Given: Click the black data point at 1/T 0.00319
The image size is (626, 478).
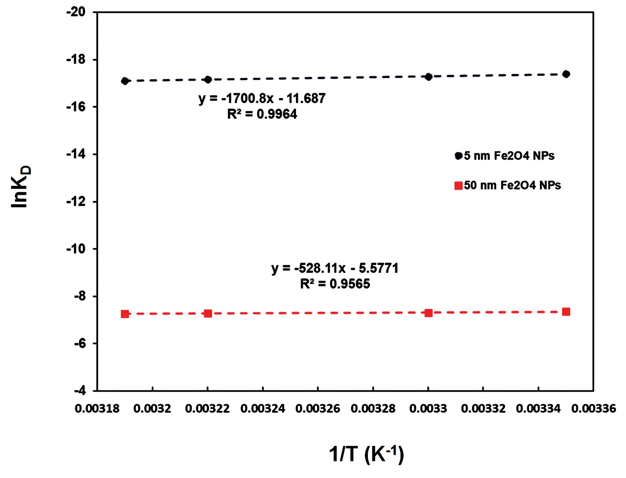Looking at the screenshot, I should click(125, 81).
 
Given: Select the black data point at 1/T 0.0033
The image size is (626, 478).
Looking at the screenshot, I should click(428, 77).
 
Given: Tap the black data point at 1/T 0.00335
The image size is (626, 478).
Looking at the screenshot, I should click(566, 74).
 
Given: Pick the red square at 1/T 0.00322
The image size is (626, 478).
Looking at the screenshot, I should click(208, 314).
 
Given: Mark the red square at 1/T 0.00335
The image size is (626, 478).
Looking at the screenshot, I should click(566, 312).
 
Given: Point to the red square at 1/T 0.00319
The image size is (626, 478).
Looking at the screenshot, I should click(125, 314).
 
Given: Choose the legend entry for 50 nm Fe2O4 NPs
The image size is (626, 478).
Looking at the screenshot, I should click(508, 185).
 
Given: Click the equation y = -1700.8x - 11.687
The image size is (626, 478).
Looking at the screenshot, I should click(262, 98).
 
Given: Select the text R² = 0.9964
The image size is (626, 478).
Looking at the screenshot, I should click(262, 114).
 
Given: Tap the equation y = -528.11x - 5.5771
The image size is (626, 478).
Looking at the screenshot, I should click(335, 268).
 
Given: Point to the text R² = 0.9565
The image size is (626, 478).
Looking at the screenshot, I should click(335, 284).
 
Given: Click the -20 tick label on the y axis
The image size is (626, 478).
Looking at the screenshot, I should click(76, 12).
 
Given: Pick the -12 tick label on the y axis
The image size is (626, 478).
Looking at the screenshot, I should click(76, 202).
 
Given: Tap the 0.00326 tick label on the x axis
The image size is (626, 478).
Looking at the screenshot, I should click(318, 409).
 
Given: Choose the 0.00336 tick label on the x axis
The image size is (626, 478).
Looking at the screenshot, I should click(594, 409).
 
